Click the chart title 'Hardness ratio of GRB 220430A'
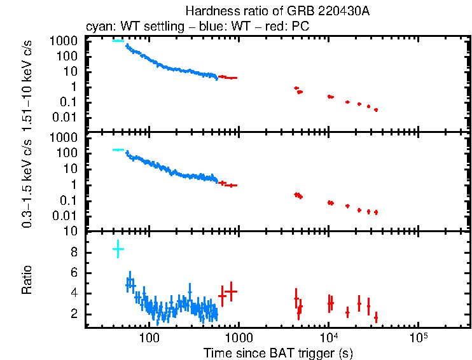point(277,11)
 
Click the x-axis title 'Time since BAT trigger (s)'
point(278,352)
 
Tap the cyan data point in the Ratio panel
point(118,249)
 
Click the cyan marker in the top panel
point(118,41)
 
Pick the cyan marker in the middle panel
point(118,149)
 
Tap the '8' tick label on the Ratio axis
point(74,253)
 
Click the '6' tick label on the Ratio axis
point(74,273)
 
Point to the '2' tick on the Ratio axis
point(74,314)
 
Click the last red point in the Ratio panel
point(376,317)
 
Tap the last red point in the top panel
point(376,110)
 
